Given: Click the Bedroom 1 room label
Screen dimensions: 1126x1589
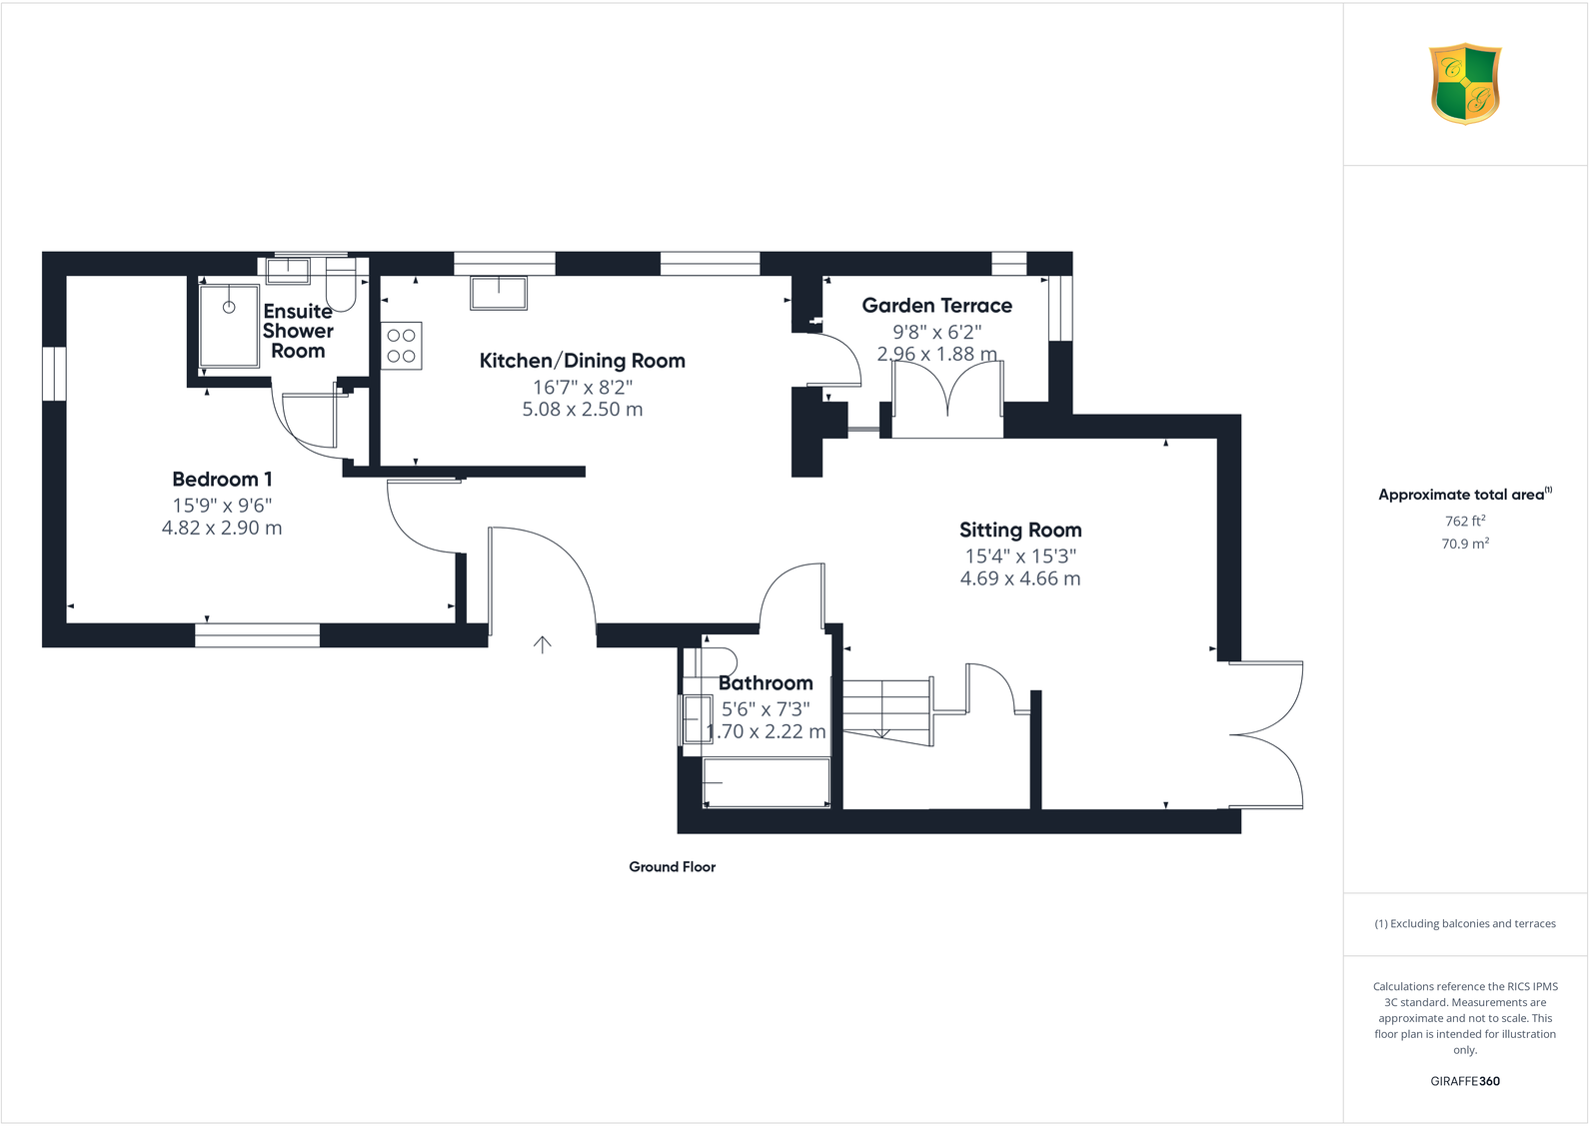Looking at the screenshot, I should click(x=222, y=480).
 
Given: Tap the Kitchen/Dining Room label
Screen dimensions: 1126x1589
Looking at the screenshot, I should click(x=582, y=361).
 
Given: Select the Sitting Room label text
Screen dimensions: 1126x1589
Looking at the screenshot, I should click(x=1019, y=531).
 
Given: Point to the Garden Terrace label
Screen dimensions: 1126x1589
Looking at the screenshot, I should click(x=936, y=306).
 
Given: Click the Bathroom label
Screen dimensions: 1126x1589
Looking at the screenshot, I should click(x=766, y=683).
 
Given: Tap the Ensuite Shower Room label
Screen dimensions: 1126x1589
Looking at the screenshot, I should click(x=298, y=331).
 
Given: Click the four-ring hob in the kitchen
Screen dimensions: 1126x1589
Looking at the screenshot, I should click(x=402, y=346).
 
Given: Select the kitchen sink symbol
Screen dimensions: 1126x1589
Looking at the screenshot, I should click(x=499, y=293).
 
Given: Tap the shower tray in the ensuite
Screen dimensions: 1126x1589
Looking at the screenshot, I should click(x=230, y=325).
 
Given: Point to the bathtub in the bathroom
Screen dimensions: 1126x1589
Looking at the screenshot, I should click(x=767, y=782).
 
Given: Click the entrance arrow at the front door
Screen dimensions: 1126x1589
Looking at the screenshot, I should click(x=543, y=644).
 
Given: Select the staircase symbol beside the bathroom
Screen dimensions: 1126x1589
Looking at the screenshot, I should click(x=887, y=710).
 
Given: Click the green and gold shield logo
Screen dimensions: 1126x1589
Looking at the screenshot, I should click(x=1465, y=83).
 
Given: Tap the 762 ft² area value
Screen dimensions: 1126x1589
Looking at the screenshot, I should click(x=1465, y=521).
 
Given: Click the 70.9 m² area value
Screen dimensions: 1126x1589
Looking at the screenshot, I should click(x=1465, y=544).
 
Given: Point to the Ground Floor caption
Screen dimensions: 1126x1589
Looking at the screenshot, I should click(x=672, y=867).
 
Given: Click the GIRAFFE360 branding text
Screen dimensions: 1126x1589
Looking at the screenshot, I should click(x=1465, y=1081).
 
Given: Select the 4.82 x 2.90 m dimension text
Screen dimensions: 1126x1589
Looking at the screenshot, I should click(x=222, y=528).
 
